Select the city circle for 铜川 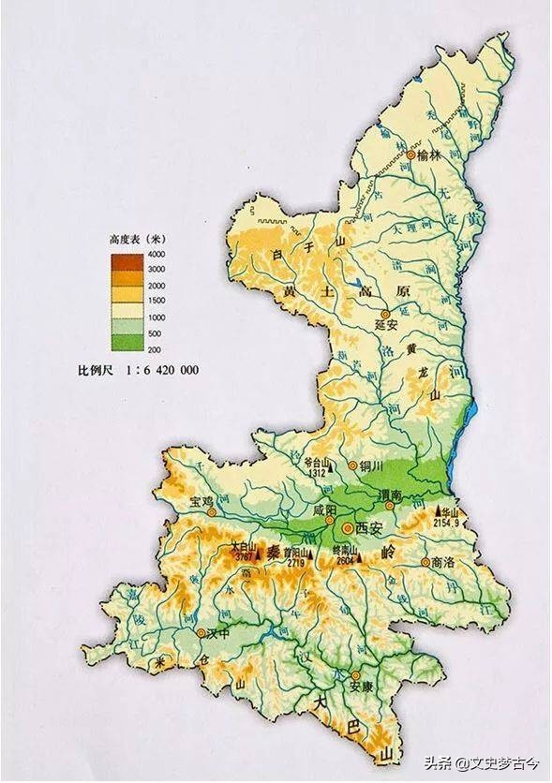[352, 465]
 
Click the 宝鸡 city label [203, 499]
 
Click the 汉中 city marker [201, 633]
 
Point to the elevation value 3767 [245, 557]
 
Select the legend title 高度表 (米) [137, 239]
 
